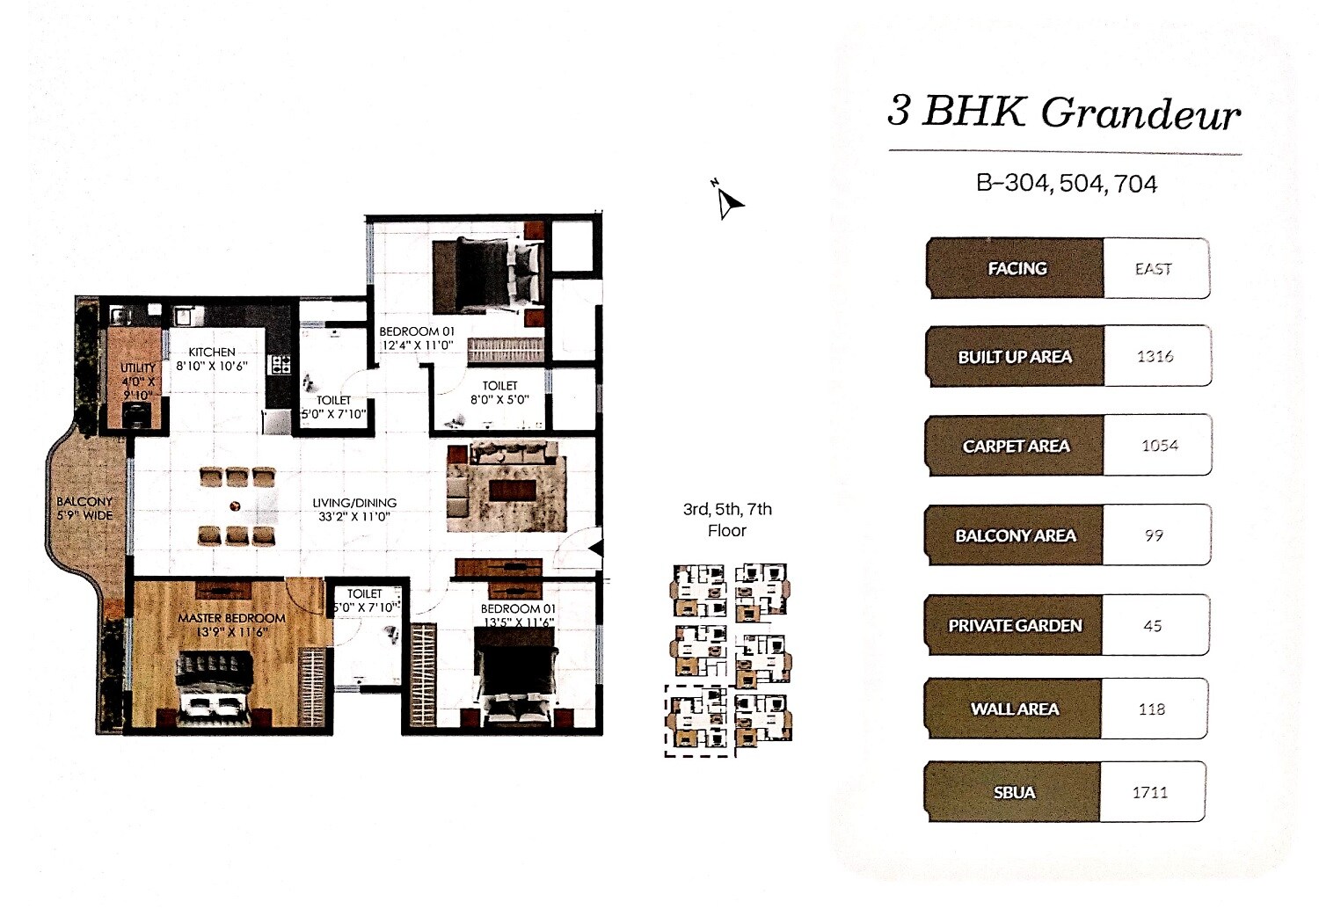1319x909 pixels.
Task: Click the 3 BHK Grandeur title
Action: point(1064,113)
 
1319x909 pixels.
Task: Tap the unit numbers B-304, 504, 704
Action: point(1067,184)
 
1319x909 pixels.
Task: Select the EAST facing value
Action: point(1154,269)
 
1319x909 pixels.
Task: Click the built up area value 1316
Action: point(1155,356)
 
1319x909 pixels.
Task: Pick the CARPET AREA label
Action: point(1016,447)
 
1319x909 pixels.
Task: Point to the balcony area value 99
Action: point(1154,535)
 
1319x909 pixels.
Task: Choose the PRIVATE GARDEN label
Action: point(1015,626)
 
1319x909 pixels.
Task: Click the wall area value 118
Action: point(1152,709)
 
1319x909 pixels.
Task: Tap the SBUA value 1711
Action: point(1150,793)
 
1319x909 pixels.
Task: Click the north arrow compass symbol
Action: point(727,202)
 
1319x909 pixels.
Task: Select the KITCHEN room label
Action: point(212,352)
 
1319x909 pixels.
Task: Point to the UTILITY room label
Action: point(138,367)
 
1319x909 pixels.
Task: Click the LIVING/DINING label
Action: point(354,503)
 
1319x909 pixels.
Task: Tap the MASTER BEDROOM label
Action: point(231,618)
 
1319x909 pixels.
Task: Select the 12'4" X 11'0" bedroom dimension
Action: point(417,345)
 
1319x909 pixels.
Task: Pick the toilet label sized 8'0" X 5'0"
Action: point(499,392)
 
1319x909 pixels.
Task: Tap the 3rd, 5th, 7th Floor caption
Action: point(727,520)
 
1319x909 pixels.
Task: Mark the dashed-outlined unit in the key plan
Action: point(699,721)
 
